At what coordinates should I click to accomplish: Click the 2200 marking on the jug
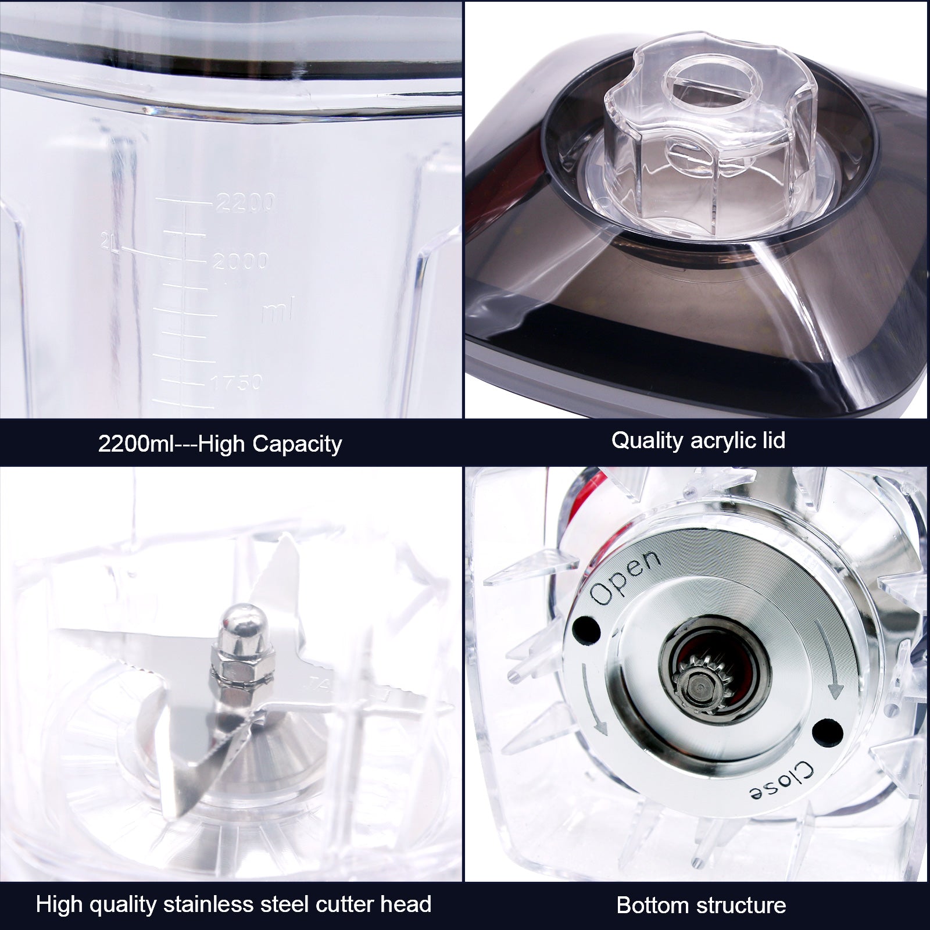tap(245, 202)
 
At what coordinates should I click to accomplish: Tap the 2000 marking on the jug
tap(240, 261)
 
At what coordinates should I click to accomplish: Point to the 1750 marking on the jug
tap(236, 382)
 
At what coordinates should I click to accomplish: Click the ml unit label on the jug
tap(278, 310)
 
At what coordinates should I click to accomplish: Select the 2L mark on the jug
tap(110, 242)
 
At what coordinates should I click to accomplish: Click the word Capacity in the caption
tap(297, 444)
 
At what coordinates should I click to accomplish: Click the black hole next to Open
tap(586, 629)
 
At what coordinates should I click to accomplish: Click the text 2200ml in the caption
tap(137, 444)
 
